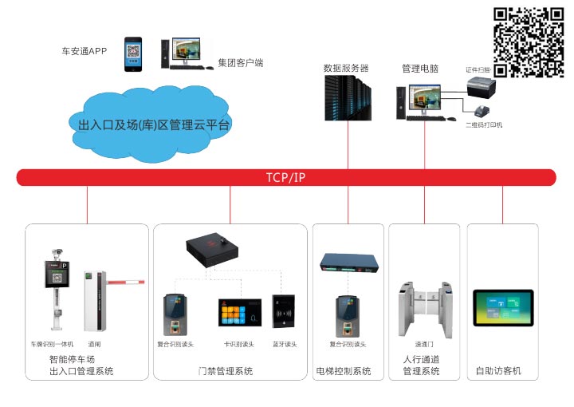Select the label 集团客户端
point(240,61)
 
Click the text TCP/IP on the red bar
point(285,177)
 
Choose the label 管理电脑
point(419,69)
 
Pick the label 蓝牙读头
point(285,344)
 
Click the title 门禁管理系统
point(226,371)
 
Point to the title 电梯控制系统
point(344,371)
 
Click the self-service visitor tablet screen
point(502,308)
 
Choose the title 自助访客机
point(498,371)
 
